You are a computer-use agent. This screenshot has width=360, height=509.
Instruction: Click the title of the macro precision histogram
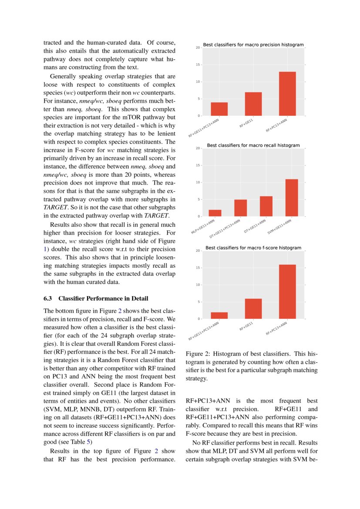(253, 45)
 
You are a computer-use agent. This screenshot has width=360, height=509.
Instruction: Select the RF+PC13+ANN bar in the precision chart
(287, 94)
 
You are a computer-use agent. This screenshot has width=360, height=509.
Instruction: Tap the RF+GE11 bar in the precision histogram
(253, 104)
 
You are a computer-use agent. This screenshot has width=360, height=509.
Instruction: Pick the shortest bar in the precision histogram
(219, 109)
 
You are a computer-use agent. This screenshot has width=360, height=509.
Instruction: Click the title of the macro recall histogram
(253, 145)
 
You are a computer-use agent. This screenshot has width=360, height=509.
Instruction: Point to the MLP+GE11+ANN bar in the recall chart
(215, 213)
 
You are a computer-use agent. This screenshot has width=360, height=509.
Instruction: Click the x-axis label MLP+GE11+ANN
(203, 227)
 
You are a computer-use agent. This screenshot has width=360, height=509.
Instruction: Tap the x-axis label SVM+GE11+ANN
(279, 227)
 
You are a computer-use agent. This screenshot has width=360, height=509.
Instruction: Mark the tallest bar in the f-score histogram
(287, 292)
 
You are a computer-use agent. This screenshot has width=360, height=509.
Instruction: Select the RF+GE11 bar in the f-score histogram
(253, 309)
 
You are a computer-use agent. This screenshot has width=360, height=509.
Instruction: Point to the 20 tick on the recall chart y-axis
(198, 148)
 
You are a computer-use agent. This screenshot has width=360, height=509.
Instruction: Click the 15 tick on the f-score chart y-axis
(198, 268)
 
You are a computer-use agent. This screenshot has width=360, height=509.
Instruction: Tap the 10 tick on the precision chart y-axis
(198, 82)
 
